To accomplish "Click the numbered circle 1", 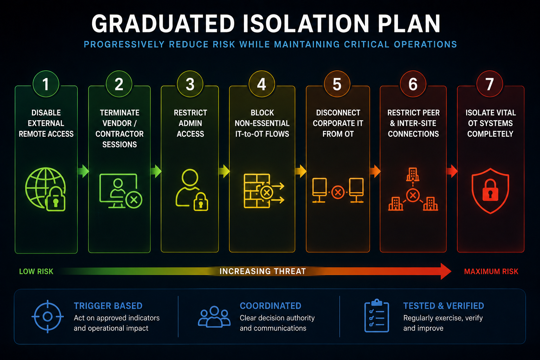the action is point(46,84).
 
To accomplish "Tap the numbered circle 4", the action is point(262,84).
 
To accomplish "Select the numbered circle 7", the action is point(489,84).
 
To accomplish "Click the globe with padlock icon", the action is point(46,189).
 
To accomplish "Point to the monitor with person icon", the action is point(121,191).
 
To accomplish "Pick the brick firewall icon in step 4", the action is point(264,191).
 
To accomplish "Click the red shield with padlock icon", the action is point(490,191).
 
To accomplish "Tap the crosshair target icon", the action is point(47,316).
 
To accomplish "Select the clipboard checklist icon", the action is point(377,316).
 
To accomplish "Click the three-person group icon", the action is point(214,317).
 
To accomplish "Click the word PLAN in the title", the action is point(409,24).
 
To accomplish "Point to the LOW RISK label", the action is point(36,271).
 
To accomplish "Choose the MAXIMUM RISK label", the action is point(491,271).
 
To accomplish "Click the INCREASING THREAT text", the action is point(263,271).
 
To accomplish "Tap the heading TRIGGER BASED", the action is point(108,306).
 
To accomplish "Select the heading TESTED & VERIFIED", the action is point(444,306).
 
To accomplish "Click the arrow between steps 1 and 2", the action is point(83,171).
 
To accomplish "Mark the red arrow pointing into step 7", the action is point(452,171).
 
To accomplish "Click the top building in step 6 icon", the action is point(413,174).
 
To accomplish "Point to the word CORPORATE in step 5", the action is point(331,123).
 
